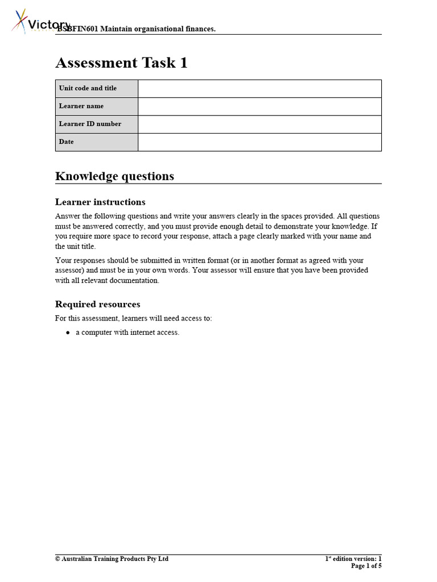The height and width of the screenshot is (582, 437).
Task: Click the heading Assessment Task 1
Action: pos(121,63)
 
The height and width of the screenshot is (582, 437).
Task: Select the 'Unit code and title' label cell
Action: pos(96,89)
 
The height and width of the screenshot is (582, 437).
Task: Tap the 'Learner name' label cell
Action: pos(96,106)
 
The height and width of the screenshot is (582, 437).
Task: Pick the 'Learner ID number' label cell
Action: pos(96,124)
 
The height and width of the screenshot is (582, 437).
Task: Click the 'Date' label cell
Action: pos(96,142)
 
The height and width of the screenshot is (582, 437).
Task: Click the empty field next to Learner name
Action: pos(259,106)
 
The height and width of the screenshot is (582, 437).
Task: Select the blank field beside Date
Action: pos(259,142)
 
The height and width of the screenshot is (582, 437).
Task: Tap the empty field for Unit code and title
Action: pos(259,89)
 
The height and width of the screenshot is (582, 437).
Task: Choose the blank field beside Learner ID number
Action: pos(259,124)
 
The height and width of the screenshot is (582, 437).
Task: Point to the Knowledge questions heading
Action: pos(114,176)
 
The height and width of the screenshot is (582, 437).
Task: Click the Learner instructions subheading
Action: pos(100,202)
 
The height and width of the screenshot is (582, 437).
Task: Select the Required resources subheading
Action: pos(97,305)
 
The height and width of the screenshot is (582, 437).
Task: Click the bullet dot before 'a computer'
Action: pos(68,332)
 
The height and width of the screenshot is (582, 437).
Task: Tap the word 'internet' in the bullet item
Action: pos(143,332)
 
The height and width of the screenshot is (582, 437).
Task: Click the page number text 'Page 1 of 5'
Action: pos(366,566)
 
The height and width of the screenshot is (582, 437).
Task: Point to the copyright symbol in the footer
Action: pos(57,559)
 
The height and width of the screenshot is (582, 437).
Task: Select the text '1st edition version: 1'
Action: pos(353,559)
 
